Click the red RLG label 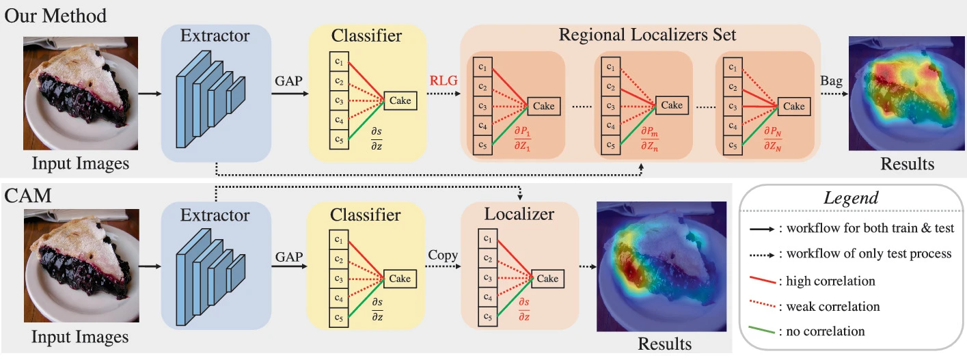(x=444, y=81)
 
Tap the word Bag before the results (x=831, y=81)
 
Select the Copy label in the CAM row (x=443, y=255)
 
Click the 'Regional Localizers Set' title (x=647, y=35)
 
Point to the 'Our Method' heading (x=55, y=16)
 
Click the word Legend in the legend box (x=850, y=197)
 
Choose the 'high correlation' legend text (x=830, y=281)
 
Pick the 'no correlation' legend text (x=826, y=331)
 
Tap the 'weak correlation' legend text (x=833, y=307)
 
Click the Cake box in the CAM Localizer (x=547, y=279)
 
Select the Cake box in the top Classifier (x=400, y=100)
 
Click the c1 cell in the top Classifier (x=339, y=61)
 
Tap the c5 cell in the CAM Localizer (x=488, y=316)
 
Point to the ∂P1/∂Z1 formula (x=522, y=138)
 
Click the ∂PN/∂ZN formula (x=773, y=138)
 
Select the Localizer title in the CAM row (x=519, y=214)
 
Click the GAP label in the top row (x=289, y=81)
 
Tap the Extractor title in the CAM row (x=215, y=215)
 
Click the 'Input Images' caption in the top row (x=80, y=163)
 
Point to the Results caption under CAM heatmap (x=664, y=344)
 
